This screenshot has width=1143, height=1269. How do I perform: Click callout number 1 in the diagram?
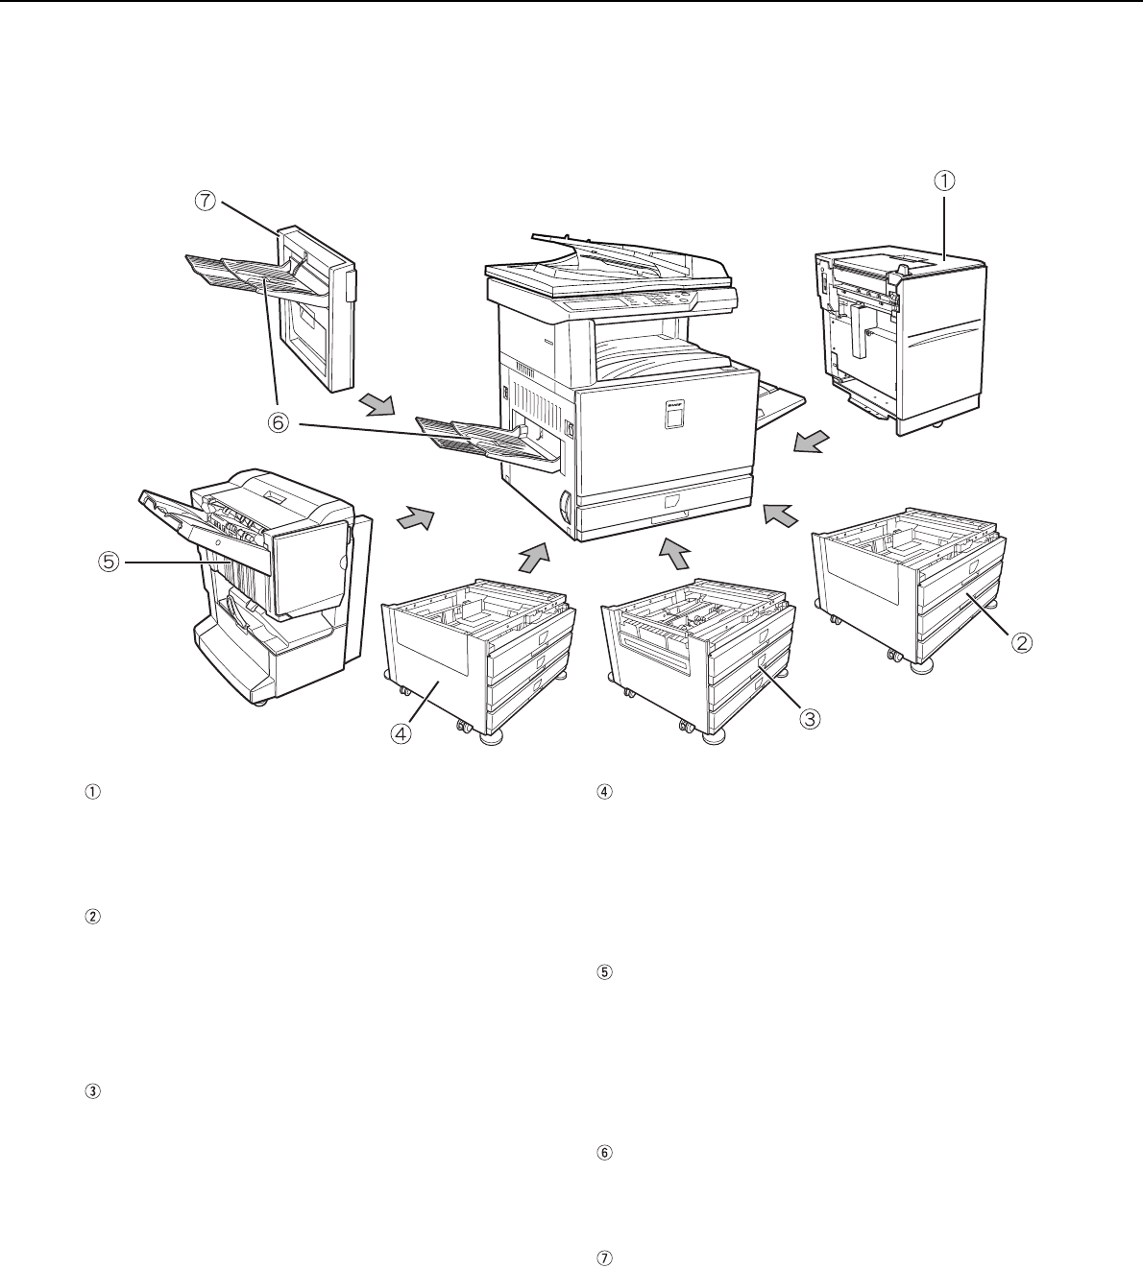[x=944, y=180]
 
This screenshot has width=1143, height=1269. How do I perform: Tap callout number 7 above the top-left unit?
[x=206, y=202]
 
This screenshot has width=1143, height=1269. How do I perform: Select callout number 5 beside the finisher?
[x=109, y=562]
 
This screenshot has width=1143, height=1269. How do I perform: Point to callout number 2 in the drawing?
[x=1021, y=643]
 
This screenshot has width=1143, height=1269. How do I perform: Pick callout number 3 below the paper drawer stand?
[x=810, y=718]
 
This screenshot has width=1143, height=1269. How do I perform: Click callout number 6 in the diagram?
[x=279, y=422]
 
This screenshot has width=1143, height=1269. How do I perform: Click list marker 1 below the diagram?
[x=92, y=792]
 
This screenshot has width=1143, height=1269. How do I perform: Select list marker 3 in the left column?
[x=92, y=1091]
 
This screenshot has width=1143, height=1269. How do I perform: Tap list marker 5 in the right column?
[x=605, y=971]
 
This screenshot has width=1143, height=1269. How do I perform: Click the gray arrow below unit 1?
[x=812, y=441]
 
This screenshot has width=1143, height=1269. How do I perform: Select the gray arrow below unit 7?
[x=377, y=404]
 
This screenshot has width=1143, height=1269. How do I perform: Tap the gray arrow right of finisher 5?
[x=416, y=517]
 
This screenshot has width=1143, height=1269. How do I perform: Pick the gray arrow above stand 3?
[x=673, y=554]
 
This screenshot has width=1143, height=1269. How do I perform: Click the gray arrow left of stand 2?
[x=781, y=515]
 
